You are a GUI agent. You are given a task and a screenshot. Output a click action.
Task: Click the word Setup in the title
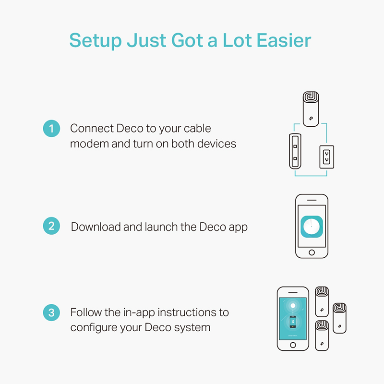[x=96, y=41]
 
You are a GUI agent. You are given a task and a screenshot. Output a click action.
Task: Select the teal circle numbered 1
[x=51, y=128]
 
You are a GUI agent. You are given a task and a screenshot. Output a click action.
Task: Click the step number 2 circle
[x=51, y=226]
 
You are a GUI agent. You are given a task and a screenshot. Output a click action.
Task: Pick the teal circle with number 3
[x=51, y=312]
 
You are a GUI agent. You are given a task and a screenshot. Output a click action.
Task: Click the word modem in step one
[x=89, y=144]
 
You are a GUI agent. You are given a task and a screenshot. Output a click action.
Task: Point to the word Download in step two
[x=96, y=227]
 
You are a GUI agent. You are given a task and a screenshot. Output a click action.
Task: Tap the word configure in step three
[x=94, y=328]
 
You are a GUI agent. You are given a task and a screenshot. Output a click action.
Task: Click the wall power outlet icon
[x=327, y=157]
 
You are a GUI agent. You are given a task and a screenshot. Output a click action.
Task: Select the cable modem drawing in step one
[x=295, y=151]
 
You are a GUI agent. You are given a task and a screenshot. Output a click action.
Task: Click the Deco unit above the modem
[x=311, y=109]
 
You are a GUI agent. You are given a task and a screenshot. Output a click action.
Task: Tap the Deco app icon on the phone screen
[x=312, y=227]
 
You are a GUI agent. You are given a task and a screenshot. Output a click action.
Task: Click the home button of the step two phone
[x=312, y=252]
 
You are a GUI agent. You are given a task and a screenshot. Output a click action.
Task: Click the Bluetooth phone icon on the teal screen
[x=293, y=322]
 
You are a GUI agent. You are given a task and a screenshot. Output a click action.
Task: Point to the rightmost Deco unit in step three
[x=339, y=318]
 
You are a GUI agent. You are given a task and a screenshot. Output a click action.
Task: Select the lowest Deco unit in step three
[x=322, y=336]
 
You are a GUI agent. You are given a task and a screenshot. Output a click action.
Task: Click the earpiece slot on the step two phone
[x=312, y=200]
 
